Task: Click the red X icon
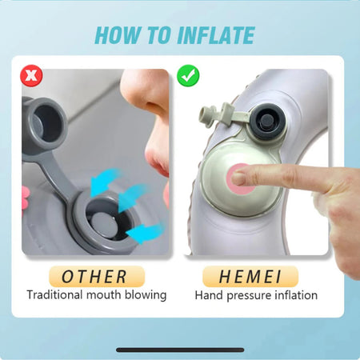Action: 31,76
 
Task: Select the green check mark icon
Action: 189,76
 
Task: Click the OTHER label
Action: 96,277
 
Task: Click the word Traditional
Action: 57,295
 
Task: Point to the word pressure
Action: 250,295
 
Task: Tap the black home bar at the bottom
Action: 180,350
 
